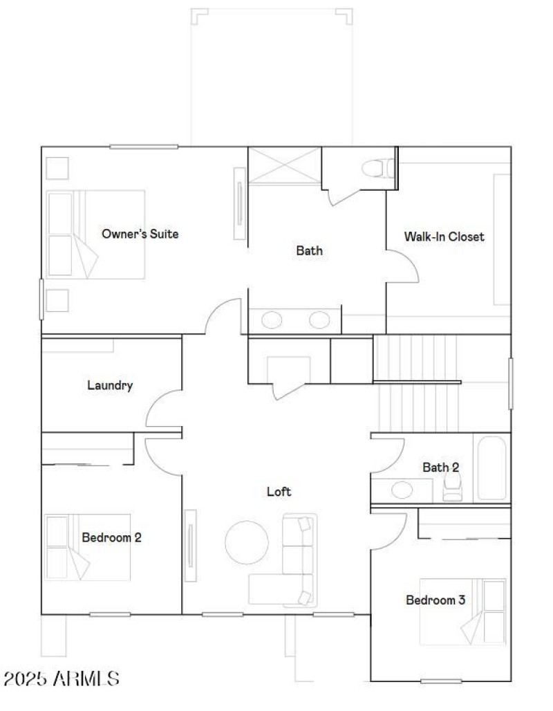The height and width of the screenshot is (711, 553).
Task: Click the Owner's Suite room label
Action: pyautogui.click(x=140, y=234)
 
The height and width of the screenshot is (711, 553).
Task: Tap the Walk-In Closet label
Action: pyautogui.click(x=444, y=237)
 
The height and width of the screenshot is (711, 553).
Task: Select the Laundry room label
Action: pyautogui.click(x=110, y=385)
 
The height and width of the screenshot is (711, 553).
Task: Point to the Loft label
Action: pyautogui.click(x=279, y=492)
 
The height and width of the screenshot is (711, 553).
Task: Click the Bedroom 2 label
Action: pyautogui.click(x=111, y=537)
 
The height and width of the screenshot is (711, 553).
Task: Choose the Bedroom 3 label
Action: pyautogui.click(x=435, y=600)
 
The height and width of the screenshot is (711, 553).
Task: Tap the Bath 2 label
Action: pyautogui.click(x=440, y=468)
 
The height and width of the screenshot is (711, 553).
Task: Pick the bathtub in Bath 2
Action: pyautogui.click(x=491, y=467)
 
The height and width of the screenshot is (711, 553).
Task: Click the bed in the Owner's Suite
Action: pyautogui.click(x=95, y=234)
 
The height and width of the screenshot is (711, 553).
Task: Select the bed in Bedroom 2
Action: pyautogui.click(x=88, y=547)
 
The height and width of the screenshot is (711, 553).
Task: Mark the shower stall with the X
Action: pyautogui.click(x=285, y=166)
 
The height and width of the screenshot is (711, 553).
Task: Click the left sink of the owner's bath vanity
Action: pyautogui.click(x=272, y=320)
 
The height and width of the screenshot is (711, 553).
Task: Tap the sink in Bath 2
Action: pyautogui.click(x=402, y=490)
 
